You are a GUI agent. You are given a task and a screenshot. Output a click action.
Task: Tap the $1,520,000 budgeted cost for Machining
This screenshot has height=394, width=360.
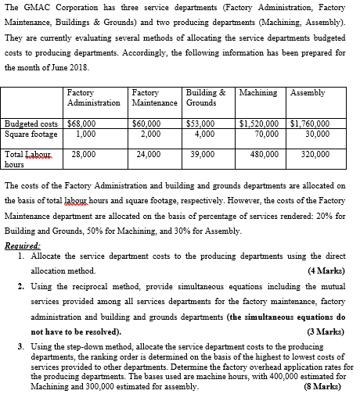pyautogui.click(x=262, y=124)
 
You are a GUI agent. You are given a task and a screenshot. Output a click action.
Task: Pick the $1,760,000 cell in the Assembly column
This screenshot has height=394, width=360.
pyautogui.click(x=310, y=124)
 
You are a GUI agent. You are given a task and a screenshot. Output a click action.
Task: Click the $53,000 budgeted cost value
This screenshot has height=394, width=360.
pyautogui.click(x=202, y=124)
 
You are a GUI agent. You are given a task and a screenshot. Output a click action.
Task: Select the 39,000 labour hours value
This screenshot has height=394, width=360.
pyautogui.click(x=203, y=155)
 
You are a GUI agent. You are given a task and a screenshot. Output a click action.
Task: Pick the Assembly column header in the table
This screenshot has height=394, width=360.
pyautogui.click(x=308, y=92)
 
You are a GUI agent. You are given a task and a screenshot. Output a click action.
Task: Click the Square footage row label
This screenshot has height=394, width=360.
pyautogui.click(x=30, y=133)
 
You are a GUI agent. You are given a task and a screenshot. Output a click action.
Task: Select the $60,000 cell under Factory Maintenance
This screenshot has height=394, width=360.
pyautogui.click(x=146, y=124)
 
